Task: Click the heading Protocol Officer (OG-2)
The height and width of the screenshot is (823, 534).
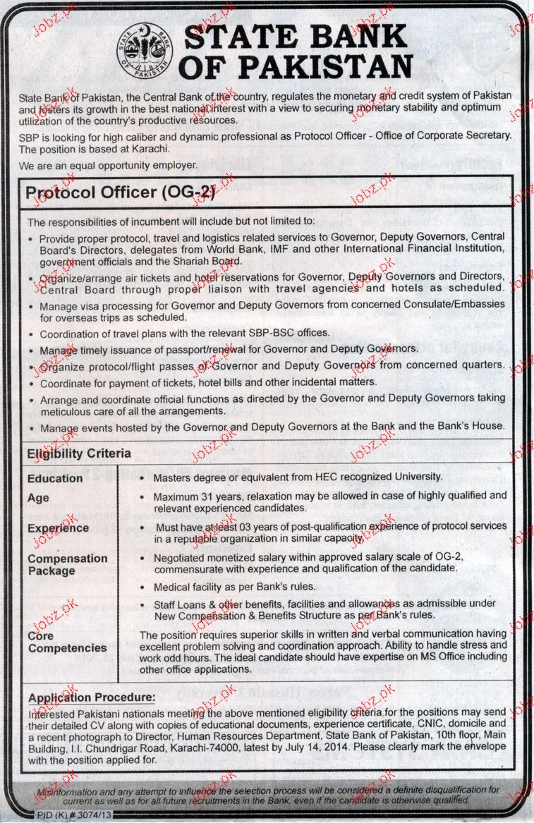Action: (120, 192)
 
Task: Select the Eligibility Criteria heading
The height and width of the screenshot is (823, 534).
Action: (79, 453)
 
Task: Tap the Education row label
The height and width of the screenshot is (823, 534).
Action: (55, 478)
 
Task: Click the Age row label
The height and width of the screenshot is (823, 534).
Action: (38, 498)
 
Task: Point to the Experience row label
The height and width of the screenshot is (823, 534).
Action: (58, 528)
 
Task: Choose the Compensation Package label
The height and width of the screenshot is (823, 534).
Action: (68, 564)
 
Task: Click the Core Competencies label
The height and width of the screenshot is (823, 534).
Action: (67, 642)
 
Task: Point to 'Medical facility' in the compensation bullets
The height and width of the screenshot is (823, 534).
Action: (186, 587)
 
